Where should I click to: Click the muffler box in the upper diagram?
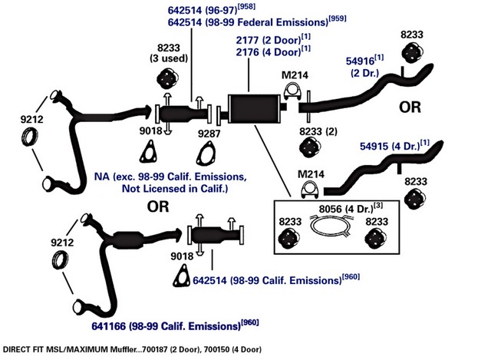click(254, 108)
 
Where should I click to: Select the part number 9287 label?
click(209, 134)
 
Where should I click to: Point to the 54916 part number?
click(360, 61)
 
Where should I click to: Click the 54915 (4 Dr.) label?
click(390, 146)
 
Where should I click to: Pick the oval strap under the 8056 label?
click(330, 225)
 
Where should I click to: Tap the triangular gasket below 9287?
click(206, 154)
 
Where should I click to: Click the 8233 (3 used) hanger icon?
click(167, 78)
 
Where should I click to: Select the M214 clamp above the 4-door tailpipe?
click(310, 189)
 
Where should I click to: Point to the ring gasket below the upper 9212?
click(30, 137)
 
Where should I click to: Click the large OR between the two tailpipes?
click(410, 107)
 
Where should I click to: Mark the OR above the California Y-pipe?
click(158, 206)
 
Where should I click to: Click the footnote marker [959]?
click(338, 18)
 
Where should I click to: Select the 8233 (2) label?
click(318, 131)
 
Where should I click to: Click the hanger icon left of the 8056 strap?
click(289, 239)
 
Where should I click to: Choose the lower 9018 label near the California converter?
click(182, 256)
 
